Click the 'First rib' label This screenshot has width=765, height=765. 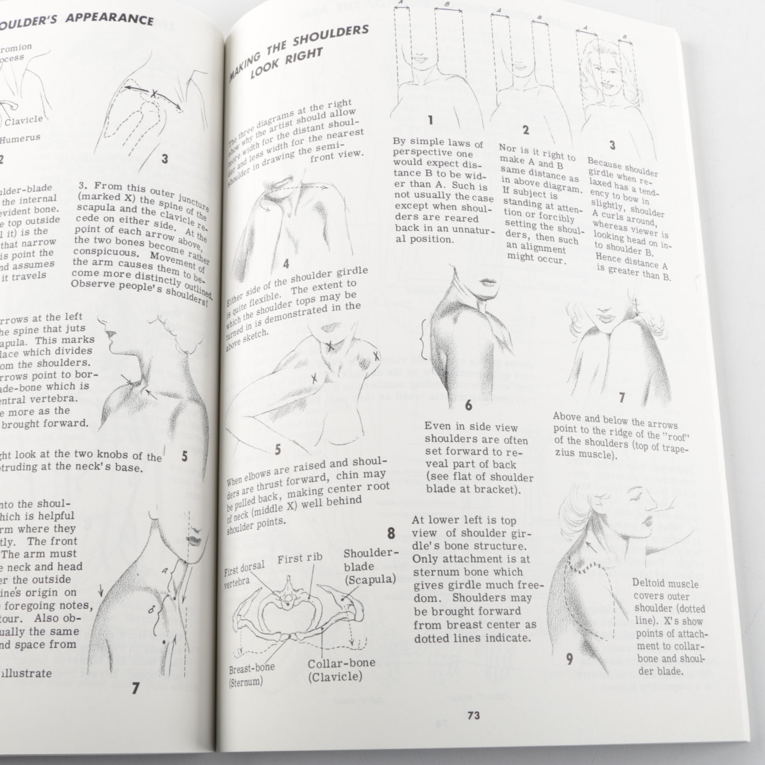point(299,559)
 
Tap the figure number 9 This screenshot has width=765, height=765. point(569,659)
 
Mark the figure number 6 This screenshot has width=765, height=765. point(469,405)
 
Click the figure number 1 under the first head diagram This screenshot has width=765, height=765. point(430,120)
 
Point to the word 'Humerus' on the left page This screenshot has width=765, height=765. point(20,139)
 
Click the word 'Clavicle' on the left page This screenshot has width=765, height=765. point(24,120)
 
